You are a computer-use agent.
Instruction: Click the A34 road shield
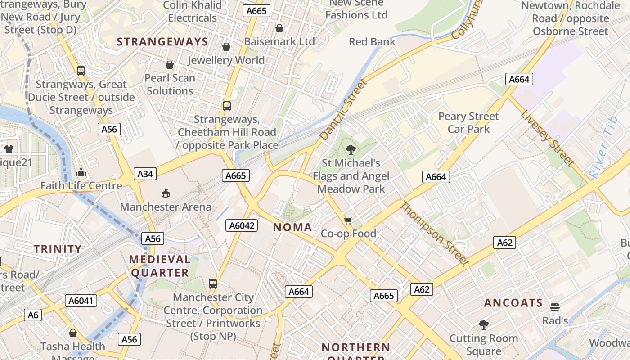pos(145,174)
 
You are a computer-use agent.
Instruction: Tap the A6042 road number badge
pos(242,226)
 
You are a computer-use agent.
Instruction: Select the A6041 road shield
pos(81,301)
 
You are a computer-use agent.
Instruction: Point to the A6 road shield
pos(33,315)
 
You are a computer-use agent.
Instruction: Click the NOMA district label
pos(292,227)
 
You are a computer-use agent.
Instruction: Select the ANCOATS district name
pos(513,303)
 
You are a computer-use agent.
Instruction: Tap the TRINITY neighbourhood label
pos(58,249)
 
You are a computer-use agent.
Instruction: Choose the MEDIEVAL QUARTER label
pos(160,266)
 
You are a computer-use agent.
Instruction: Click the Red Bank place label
pos(372,42)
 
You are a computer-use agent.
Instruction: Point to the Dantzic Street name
pos(343,109)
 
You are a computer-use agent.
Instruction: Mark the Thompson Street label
pos(434,234)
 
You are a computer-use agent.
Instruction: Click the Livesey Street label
pos(547,138)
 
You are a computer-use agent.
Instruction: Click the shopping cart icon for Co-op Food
pos(348,220)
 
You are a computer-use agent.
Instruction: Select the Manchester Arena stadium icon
pos(166,193)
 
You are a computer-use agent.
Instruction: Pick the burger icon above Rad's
pos(555,307)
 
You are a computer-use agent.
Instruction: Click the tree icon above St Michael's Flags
pos(351,149)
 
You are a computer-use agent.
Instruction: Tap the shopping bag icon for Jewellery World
pos(226,47)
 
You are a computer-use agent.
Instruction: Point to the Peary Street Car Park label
pos(468,123)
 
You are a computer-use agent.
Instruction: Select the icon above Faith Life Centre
pos(81,172)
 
